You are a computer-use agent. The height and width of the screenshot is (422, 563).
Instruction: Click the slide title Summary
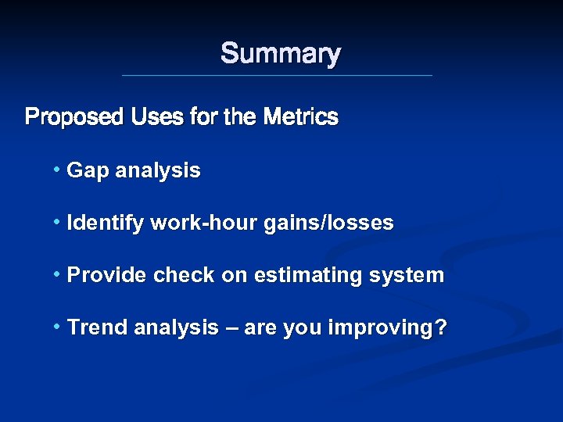[281, 54]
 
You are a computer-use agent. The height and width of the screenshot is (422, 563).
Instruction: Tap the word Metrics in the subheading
[301, 118]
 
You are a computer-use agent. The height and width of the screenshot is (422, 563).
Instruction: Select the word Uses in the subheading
[157, 118]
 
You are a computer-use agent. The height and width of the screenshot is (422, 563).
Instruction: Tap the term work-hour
[203, 224]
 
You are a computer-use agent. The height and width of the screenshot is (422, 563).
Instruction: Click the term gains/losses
[328, 224]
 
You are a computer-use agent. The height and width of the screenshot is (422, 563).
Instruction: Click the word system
[409, 275]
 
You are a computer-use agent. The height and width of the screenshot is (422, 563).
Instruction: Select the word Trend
[98, 327]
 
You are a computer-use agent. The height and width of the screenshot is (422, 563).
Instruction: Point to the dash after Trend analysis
[231, 328]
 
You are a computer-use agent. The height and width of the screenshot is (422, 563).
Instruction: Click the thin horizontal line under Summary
[277, 75]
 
